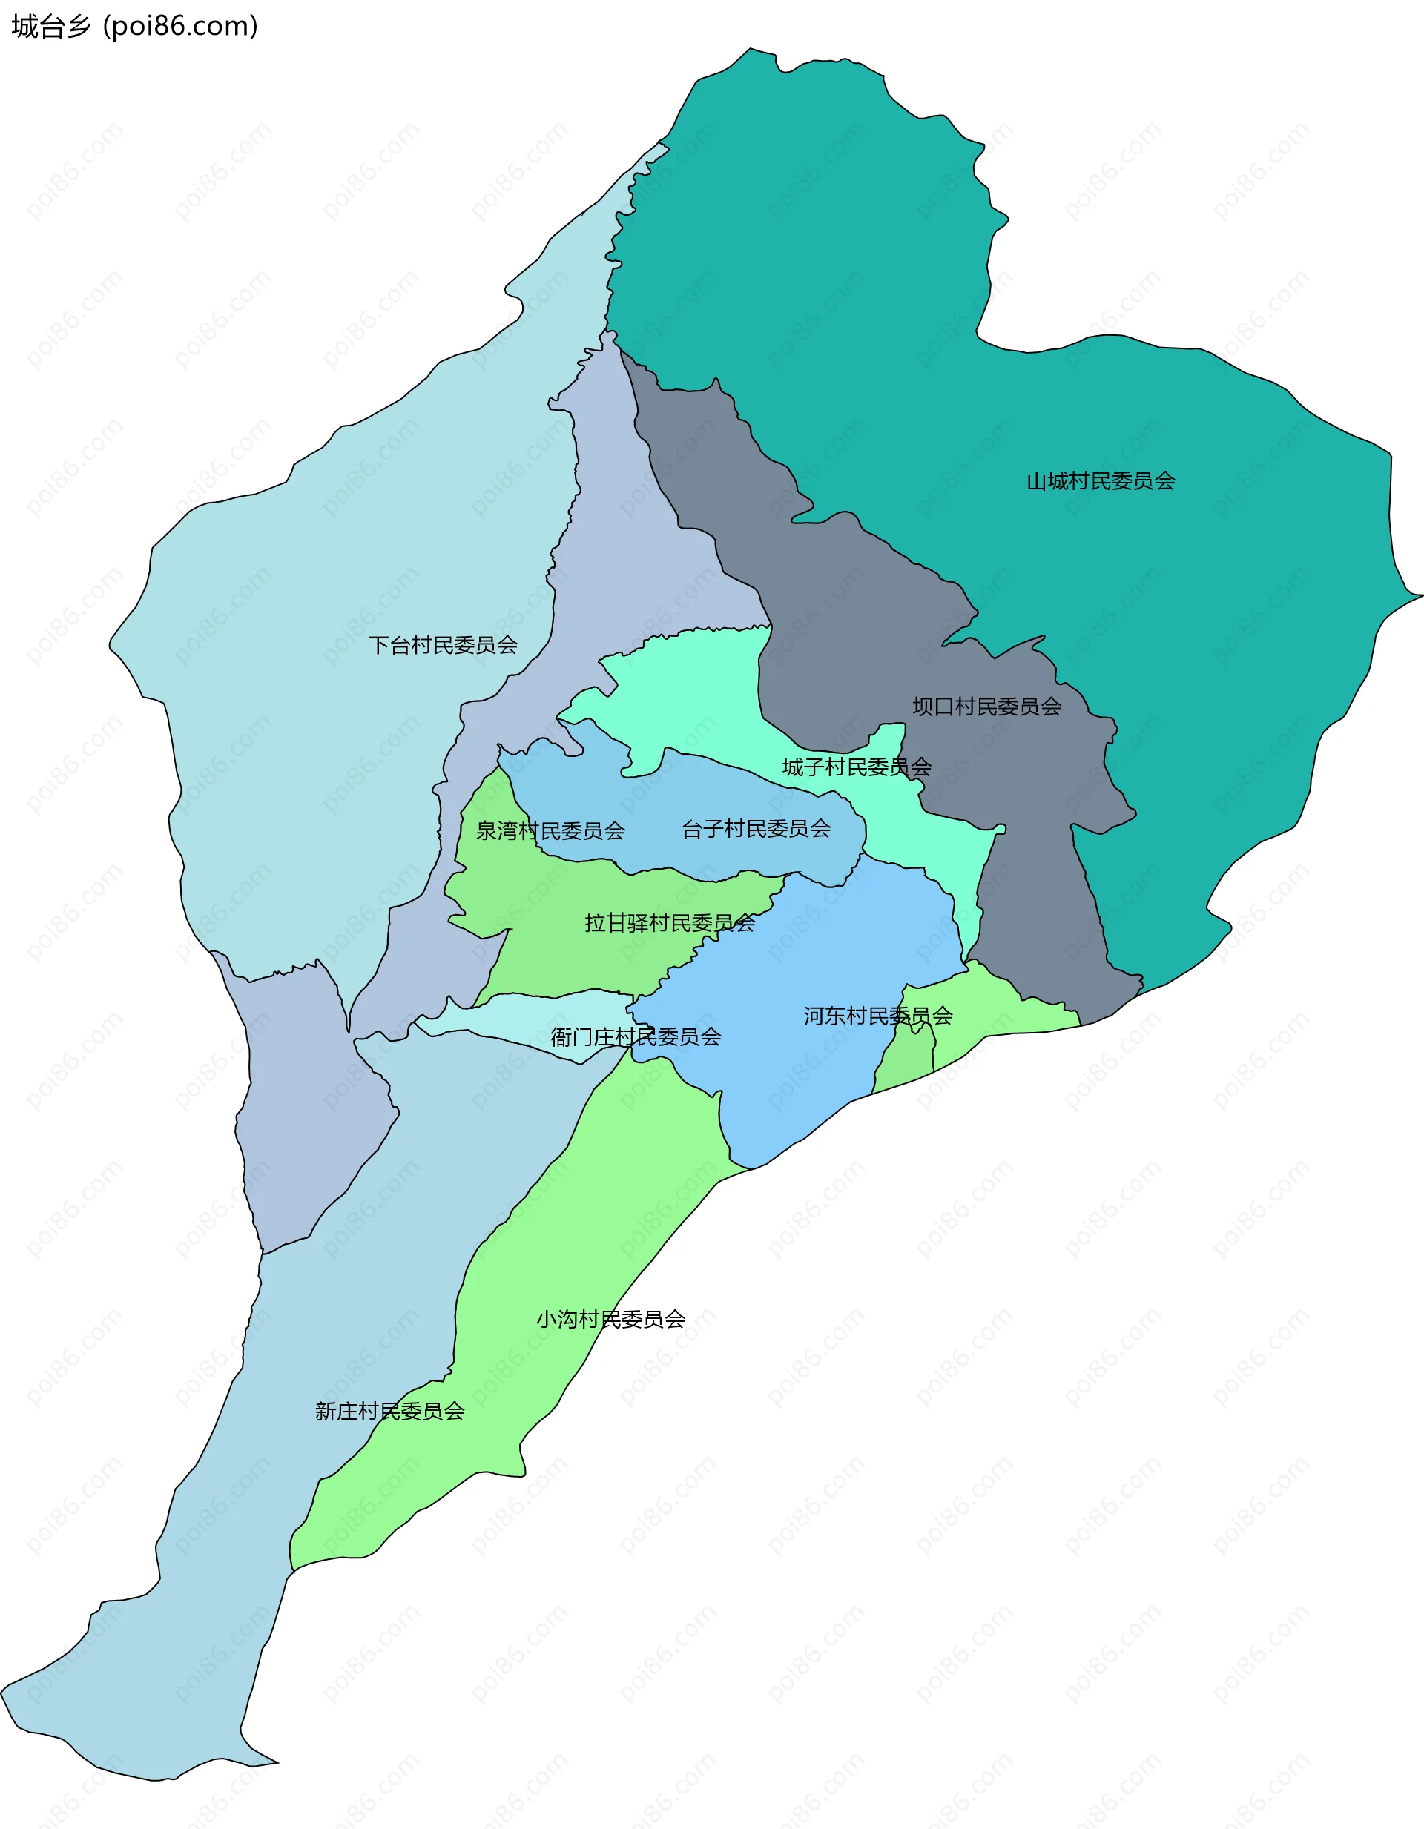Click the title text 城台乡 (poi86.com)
[x=134, y=27]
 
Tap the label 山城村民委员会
[x=1101, y=480]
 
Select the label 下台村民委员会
[x=443, y=645]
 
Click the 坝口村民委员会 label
[x=986, y=707]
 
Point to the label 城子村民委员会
[x=856, y=767]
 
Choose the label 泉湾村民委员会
[x=550, y=831]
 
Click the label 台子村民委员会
[x=756, y=829]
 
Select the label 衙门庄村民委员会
[x=635, y=1036]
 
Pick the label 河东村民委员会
[x=878, y=1016]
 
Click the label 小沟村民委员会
[x=610, y=1319]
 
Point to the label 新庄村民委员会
[x=389, y=1411]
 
